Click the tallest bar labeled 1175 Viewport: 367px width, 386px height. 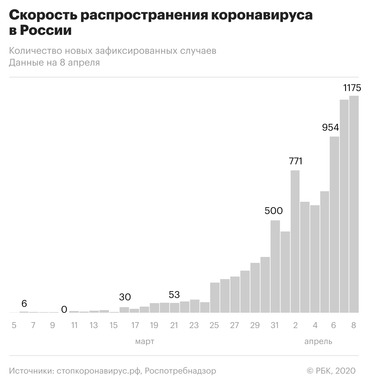point(354,204)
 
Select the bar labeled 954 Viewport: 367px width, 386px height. point(334,224)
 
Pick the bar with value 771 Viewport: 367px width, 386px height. point(295,241)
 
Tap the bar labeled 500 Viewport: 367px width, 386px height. point(275,266)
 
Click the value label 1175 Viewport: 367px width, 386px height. point(352,88)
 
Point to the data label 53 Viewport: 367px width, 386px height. point(174,294)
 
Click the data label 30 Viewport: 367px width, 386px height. point(125,297)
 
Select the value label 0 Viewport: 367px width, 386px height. point(64,309)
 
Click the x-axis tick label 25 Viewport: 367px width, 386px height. point(214,325)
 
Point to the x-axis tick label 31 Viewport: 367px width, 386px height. point(275,325)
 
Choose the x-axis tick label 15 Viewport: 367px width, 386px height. point(113,325)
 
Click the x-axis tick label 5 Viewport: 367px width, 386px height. point(14,325)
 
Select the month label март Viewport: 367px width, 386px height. point(144,342)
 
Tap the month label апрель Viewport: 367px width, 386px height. point(318,342)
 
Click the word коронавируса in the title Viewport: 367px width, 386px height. point(262,15)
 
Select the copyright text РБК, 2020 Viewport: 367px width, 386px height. point(336,371)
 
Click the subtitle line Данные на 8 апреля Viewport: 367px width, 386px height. point(54,63)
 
